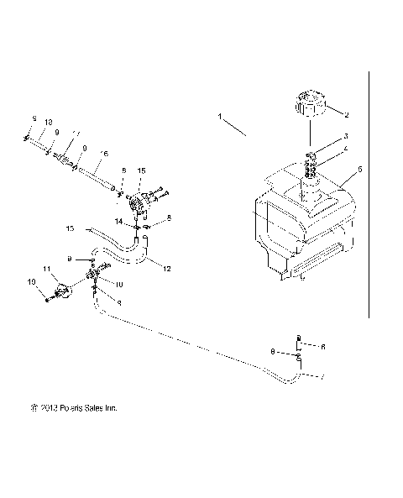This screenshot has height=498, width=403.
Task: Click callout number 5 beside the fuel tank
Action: pos(359,169)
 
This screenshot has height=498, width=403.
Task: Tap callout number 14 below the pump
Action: pos(119,220)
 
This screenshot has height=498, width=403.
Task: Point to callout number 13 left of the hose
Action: pos(70,228)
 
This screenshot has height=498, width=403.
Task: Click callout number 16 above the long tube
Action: pos(103,154)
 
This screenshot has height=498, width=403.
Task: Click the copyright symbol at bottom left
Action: pos(33,409)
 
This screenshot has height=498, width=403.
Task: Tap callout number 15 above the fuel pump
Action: pos(141,170)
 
